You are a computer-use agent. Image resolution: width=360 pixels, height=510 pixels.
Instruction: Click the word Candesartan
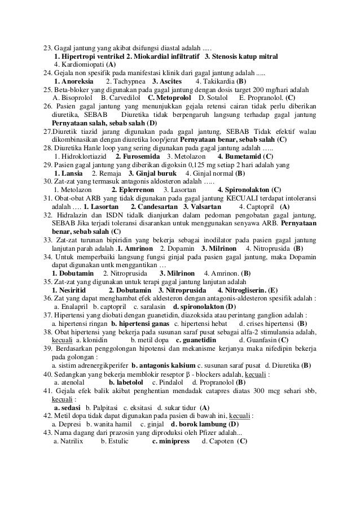tap(153, 206)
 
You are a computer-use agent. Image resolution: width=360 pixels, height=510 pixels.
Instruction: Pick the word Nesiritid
tap(69, 290)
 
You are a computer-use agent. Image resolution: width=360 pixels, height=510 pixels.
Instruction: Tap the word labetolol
tap(128, 382)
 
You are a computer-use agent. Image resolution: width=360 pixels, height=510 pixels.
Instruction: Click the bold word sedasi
tap(67, 407)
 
